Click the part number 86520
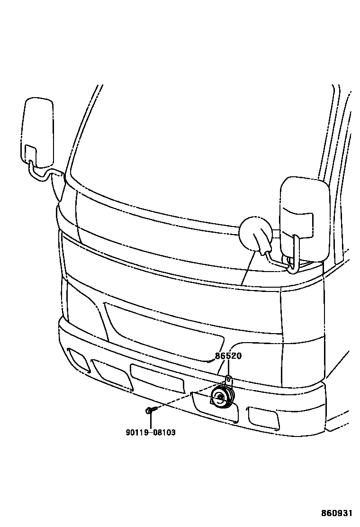[228, 356]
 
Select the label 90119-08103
[150, 432]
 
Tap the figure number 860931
[337, 513]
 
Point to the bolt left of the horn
[149, 410]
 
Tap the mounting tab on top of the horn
[228, 380]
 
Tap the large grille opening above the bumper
[163, 332]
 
